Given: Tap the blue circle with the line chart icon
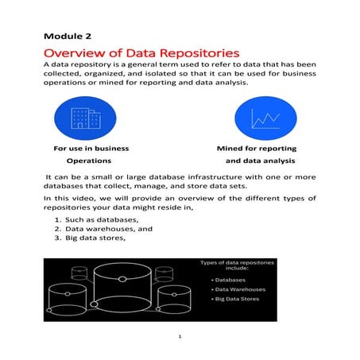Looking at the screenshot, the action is pos(263,118).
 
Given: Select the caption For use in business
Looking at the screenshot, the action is pos(91,149).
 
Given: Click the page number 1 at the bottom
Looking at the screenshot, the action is pos(180,336).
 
